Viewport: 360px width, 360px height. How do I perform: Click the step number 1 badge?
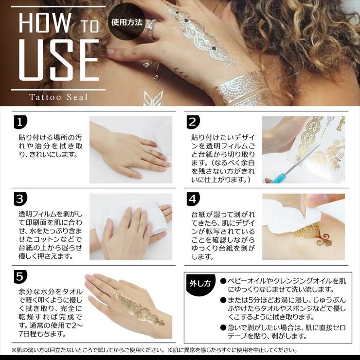20,122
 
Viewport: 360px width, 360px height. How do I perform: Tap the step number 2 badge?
193,122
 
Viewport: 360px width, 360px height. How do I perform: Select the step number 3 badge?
20,199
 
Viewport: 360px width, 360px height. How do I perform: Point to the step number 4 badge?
193,199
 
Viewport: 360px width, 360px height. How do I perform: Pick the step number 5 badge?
20,277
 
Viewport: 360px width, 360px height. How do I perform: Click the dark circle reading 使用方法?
127,22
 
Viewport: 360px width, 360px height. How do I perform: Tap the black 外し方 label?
200,284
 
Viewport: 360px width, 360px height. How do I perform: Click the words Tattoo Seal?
58,97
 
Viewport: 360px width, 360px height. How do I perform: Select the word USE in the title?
59,60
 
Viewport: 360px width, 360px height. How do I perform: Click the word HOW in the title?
45,22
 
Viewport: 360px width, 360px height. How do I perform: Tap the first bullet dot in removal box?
223,281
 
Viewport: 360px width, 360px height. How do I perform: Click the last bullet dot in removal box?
223,327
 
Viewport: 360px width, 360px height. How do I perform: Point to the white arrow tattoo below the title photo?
153,98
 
